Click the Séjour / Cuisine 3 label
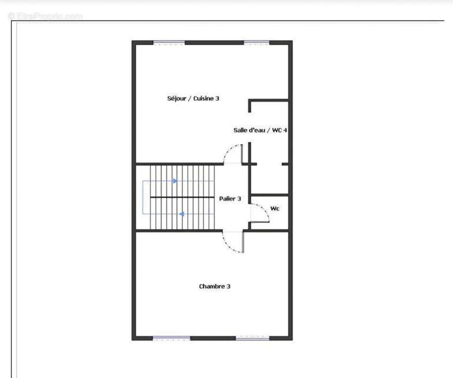pyautogui.click(x=193, y=98)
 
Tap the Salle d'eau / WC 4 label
pyautogui.click(x=260, y=130)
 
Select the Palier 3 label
pyautogui.click(x=230, y=198)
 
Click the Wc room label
pyautogui.click(x=275, y=208)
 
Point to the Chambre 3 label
pyautogui.click(x=215, y=286)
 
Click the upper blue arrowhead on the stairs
pyautogui.click(x=175, y=181)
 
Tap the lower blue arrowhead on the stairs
pyautogui.click(x=182, y=214)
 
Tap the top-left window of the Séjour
pyautogui.click(x=169, y=43)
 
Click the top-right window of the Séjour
pyautogui.click(x=257, y=43)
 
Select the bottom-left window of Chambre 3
pyautogui.click(x=171, y=338)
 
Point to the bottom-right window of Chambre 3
pyautogui.click(x=253, y=338)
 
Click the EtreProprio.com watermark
pyautogui.click(x=45, y=16)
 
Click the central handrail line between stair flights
pyautogui.click(x=182, y=197)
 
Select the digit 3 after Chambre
pyautogui.click(x=228, y=286)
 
